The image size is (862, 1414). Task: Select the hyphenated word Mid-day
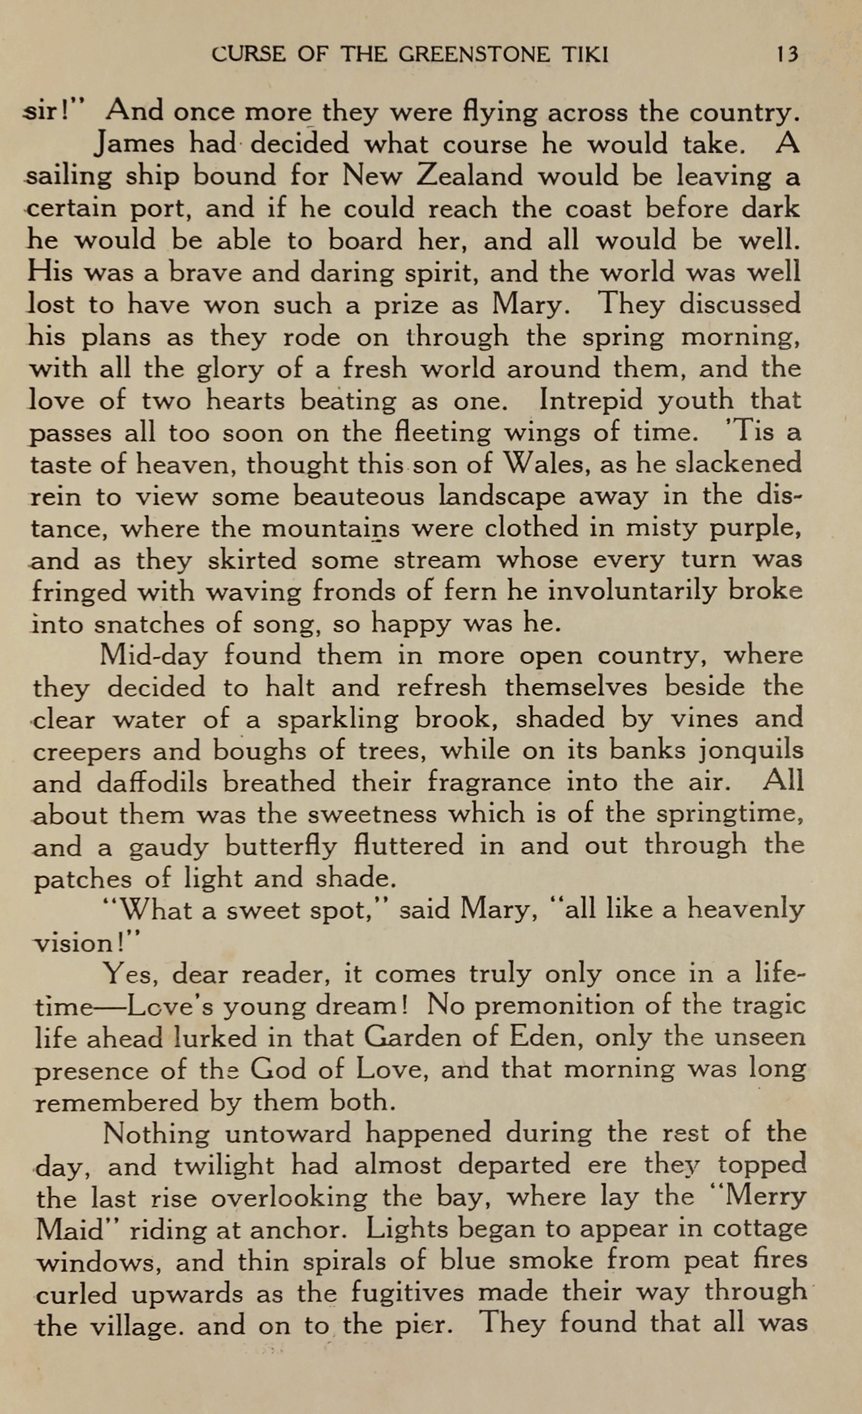pos(153,656)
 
